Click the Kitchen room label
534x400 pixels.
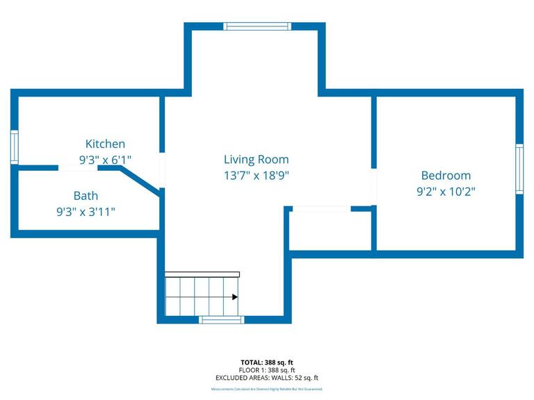point(105,144)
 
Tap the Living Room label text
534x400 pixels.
point(256,160)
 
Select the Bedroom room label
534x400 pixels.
point(446,176)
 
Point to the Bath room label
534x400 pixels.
point(86,196)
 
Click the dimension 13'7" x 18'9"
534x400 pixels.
point(256,176)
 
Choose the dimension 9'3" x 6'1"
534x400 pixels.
point(105,160)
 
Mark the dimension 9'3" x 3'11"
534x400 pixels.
point(86,212)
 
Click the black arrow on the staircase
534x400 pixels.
point(234,297)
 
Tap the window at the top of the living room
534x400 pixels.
point(257,26)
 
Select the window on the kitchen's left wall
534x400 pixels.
point(14,147)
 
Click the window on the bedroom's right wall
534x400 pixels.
point(519,169)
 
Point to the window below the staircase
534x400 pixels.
point(222,320)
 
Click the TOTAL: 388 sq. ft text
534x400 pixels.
point(267,362)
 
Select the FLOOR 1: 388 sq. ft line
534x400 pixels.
point(267,370)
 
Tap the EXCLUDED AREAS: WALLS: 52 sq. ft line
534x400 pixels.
point(267,378)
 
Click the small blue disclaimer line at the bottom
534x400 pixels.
point(267,390)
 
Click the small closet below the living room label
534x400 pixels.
point(331,229)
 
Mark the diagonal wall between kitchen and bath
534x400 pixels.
point(144,179)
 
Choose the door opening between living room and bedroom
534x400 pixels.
point(373,187)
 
